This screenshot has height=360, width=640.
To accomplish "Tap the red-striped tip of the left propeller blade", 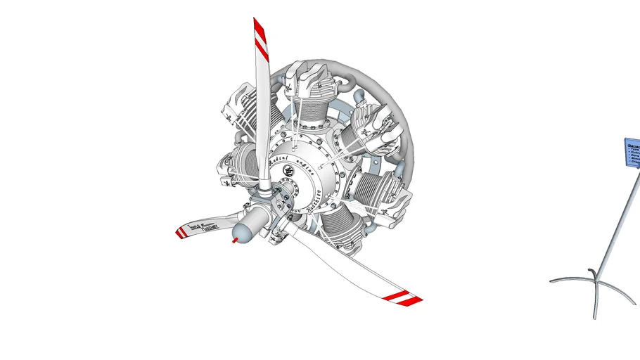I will pos(181,232).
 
